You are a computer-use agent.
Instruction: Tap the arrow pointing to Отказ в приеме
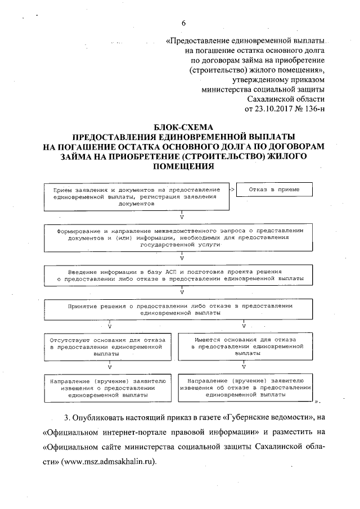point(231,190)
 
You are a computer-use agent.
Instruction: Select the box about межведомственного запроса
point(181,237)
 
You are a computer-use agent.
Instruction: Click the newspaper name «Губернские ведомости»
point(268,418)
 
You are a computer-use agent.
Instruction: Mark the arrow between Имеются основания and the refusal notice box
point(244,366)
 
